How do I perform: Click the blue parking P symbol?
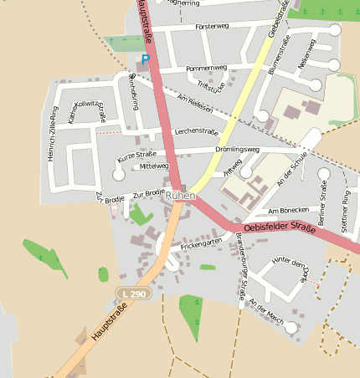click(x=145, y=59)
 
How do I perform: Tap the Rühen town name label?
click(x=180, y=196)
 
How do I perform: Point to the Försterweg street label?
click(x=212, y=27)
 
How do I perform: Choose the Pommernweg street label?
click(x=207, y=67)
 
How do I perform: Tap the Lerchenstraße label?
click(x=196, y=132)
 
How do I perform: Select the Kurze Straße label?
click(x=136, y=156)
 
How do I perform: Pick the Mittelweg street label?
click(x=155, y=166)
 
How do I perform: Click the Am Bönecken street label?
click(x=289, y=210)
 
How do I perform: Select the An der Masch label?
click(x=267, y=316)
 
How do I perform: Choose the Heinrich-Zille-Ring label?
click(x=54, y=134)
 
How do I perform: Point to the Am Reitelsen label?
click(x=196, y=105)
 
